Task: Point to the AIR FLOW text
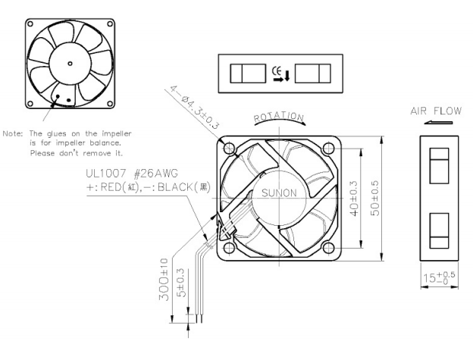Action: (x=435, y=111)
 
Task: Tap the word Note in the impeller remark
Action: (x=13, y=133)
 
